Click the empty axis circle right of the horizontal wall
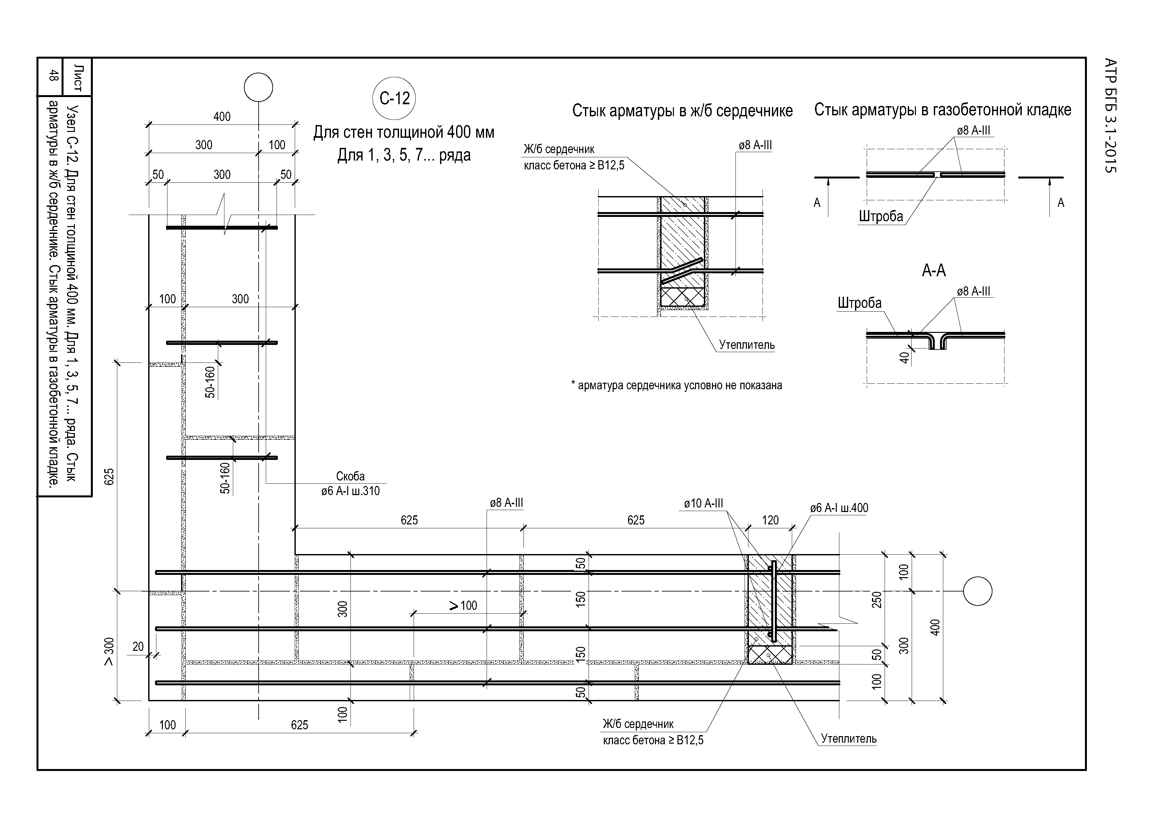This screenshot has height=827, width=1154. point(977,591)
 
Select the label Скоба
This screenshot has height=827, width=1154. point(350,476)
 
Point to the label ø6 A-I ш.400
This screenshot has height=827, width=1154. point(839,507)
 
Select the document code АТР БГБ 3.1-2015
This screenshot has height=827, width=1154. point(1110,116)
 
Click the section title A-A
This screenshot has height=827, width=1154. point(934,270)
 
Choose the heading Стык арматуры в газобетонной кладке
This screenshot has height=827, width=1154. point(943,109)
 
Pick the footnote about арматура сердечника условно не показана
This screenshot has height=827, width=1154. point(677,385)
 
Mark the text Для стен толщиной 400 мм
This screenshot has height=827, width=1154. point(404,133)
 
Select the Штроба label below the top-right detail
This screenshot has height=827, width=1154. point(881,216)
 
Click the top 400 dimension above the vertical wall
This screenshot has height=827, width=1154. point(222,117)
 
